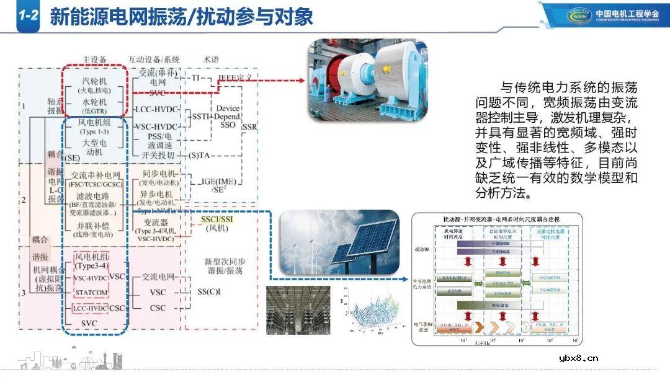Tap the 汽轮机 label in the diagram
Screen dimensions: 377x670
click(x=94, y=81)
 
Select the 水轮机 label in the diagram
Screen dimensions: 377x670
click(x=94, y=101)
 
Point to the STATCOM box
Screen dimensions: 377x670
click(x=91, y=292)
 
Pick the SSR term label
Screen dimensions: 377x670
click(x=249, y=127)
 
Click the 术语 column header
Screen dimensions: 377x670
click(x=211, y=60)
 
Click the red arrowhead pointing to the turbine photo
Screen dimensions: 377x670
click(x=301, y=80)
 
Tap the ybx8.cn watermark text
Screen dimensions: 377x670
click(x=578, y=358)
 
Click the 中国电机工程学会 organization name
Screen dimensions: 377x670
click(x=628, y=14)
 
